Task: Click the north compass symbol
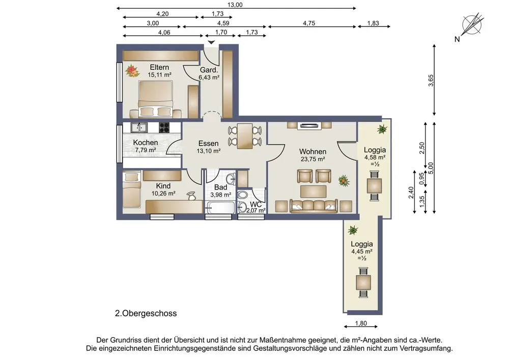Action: [x=473, y=24]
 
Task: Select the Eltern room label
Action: [x=159, y=67]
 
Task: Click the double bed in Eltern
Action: [x=155, y=99]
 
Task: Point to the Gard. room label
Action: [x=209, y=70]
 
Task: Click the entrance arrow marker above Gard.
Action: [x=211, y=42]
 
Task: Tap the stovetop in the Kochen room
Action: [x=164, y=127]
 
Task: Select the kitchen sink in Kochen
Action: [x=139, y=127]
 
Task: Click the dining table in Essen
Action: [x=245, y=136]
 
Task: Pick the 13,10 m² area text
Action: [x=209, y=151]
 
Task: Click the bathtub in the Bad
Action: [x=220, y=207]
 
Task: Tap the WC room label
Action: [x=256, y=205]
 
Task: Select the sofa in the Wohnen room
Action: [x=314, y=206]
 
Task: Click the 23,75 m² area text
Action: [x=313, y=159]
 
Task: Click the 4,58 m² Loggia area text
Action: [x=375, y=157]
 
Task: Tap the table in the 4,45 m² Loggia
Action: [x=363, y=283]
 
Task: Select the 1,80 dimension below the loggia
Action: [x=361, y=323]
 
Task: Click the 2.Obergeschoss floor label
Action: [x=146, y=314]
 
